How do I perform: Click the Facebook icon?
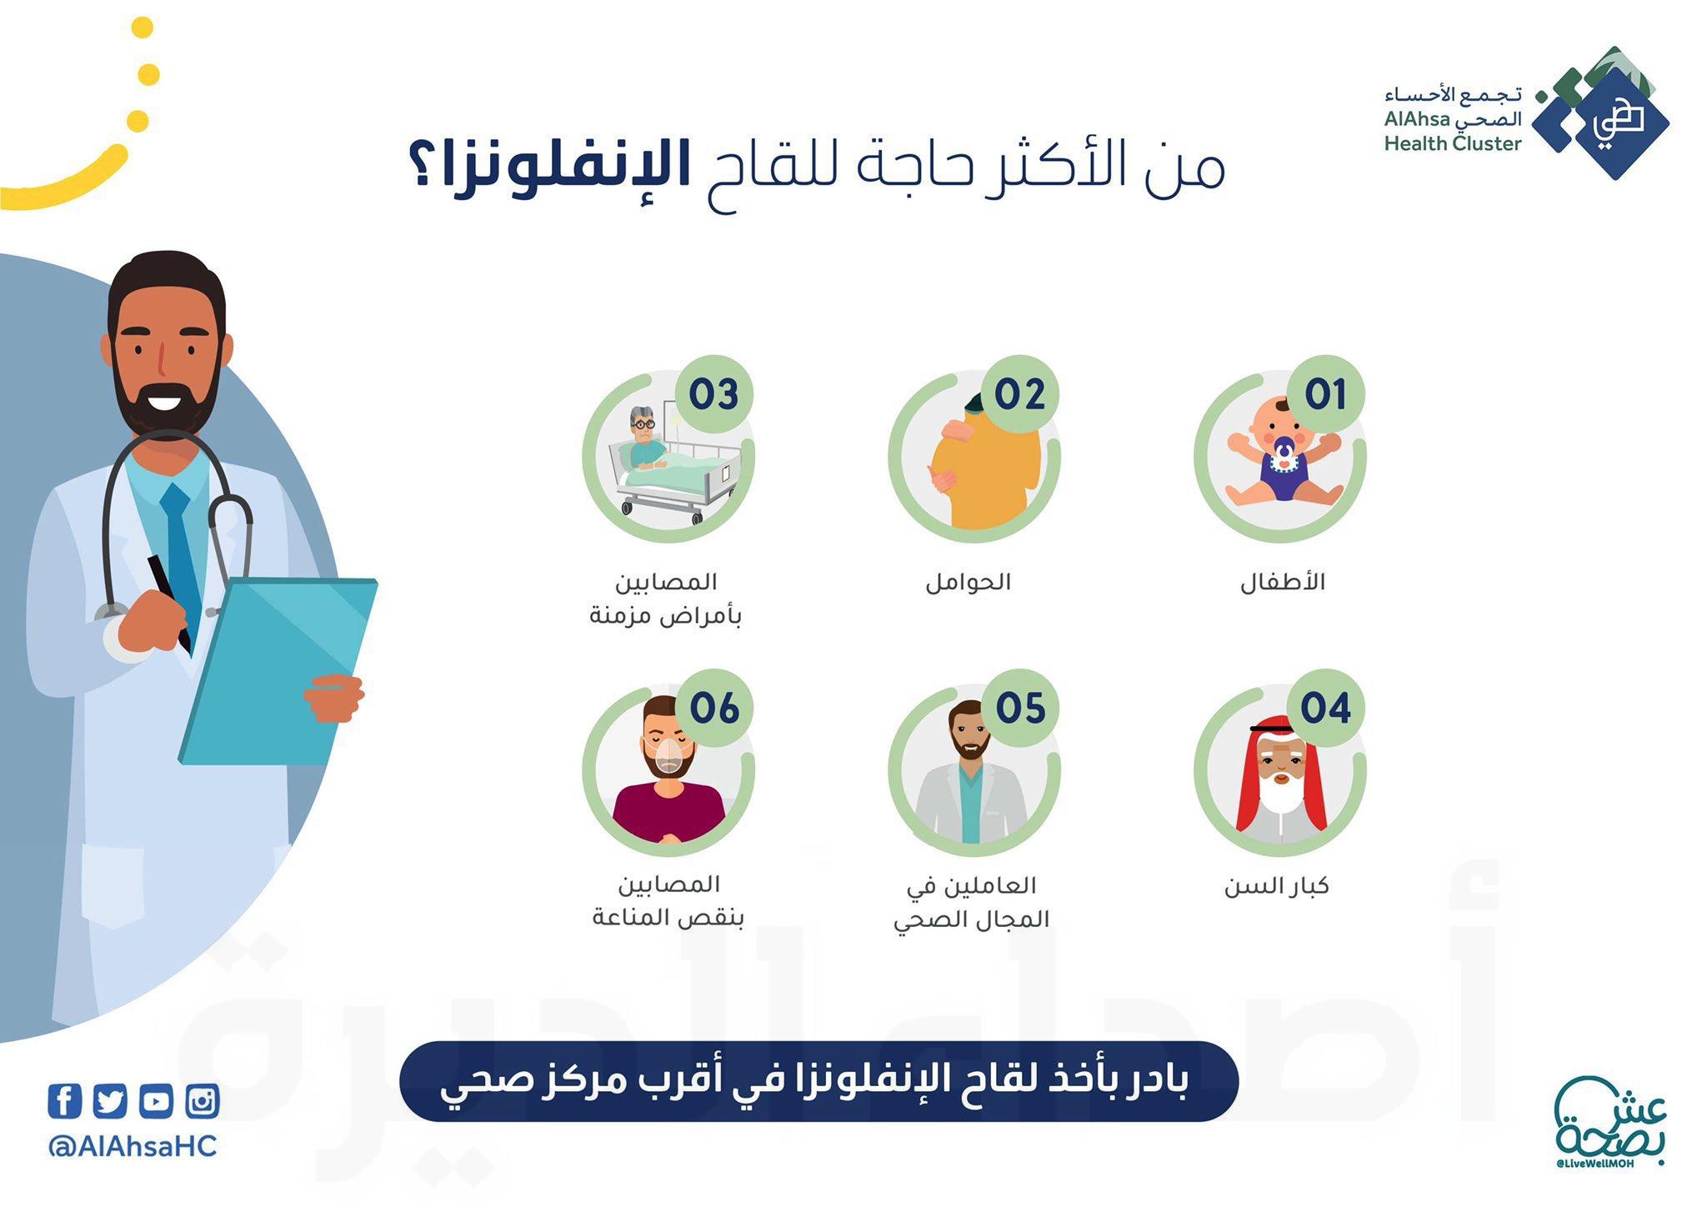[64, 1101]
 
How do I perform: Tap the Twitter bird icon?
[110, 1102]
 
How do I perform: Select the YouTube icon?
[156, 1102]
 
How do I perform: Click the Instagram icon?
[203, 1102]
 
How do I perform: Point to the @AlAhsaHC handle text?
[133, 1146]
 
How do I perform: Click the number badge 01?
[1325, 394]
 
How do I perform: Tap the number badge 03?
[714, 394]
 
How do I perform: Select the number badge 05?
[1020, 709]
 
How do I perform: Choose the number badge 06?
[714, 709]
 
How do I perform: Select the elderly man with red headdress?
[1280, 779]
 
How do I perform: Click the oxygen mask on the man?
[670, 758]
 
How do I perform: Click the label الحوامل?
[968, 582]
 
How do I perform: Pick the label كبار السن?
[1276, 885]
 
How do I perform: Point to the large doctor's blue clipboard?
[279, 671]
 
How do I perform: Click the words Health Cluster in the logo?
[1453, 143]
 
